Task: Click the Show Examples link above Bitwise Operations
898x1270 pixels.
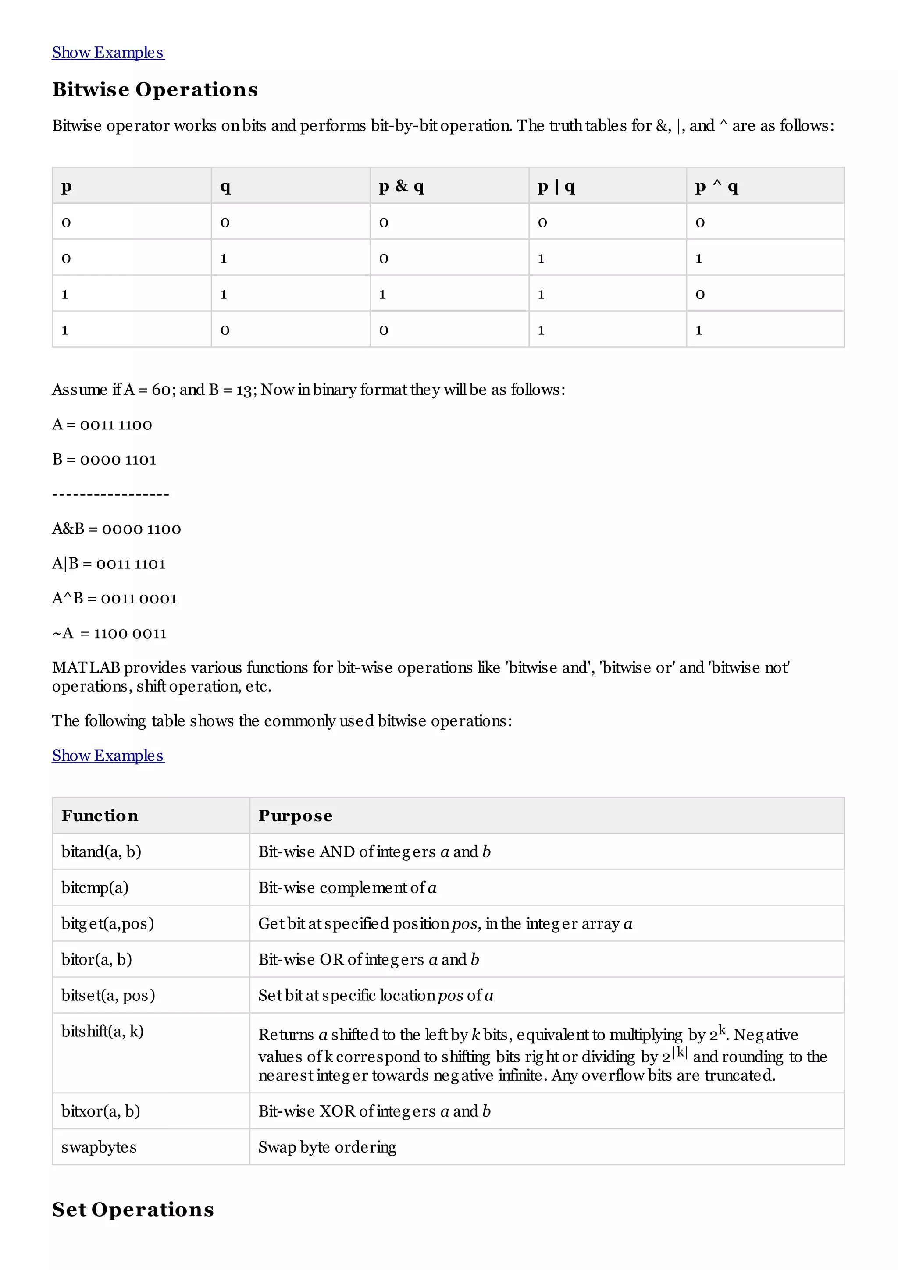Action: [x=108, y=53]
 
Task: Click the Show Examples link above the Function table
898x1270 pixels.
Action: [x=108, y=756]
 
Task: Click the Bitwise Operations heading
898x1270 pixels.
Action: [x=155, y=89]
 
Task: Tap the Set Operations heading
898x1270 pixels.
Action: [x=133, y=1209]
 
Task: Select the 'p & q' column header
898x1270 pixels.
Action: [x=402, y=186]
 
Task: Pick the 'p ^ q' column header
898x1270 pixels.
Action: [x=716, y=186]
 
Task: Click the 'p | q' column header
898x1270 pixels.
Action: [x=556, y=186]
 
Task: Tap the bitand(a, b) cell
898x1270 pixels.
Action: [x=101, y=852]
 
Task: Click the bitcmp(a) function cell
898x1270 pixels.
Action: [x=95, y=888]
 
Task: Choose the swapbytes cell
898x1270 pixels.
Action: [x=99, y=1147]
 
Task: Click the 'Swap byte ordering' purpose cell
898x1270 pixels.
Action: [x=327, y=1147]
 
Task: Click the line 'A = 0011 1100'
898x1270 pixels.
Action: [x=102, y=425]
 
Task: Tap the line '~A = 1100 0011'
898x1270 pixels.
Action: [x=110, y=633]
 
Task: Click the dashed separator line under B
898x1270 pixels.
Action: [x=110, y=494]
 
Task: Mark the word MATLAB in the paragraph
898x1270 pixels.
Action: [x=86, y=667]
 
